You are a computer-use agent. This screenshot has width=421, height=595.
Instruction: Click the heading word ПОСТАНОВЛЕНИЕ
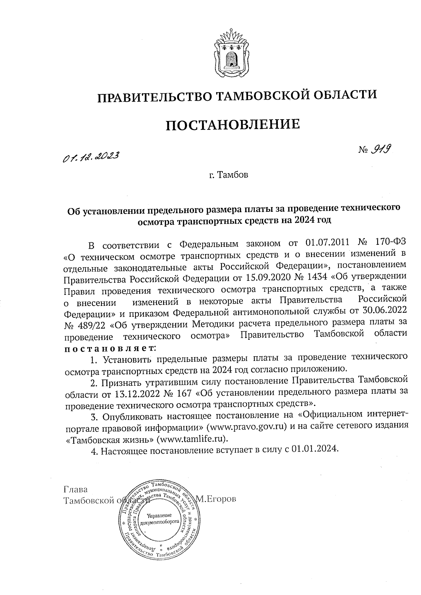(x=233, y=124)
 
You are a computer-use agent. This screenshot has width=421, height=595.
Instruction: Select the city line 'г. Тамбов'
(x=228, y=175)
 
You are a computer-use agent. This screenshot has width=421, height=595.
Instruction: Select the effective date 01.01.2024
(x=314, y=450)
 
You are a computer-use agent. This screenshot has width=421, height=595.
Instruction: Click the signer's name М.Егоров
(x=216, y=499)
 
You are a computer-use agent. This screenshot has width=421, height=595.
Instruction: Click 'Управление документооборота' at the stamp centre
(x=159, y=519)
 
